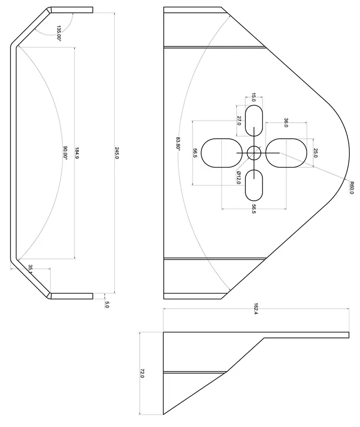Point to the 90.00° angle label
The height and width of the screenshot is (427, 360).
click(x=65, y=153)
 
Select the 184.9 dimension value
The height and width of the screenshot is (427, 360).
click(x=77, y=153)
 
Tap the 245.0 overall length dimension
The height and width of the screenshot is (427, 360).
click(x=117, y=153)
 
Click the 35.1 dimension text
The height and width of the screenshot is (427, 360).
click(x=31, y=268)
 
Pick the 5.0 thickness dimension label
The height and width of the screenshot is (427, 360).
click(x=107, y=305)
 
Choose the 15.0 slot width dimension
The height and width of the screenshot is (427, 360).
click(x=254, y=97)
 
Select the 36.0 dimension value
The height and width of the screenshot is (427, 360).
click(x=286, y=123)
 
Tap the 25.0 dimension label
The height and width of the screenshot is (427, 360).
click(x=315, y=154)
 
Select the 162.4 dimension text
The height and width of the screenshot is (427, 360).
click(x=256, y=309)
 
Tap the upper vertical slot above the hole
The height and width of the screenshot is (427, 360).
click(x=254, y=121)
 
